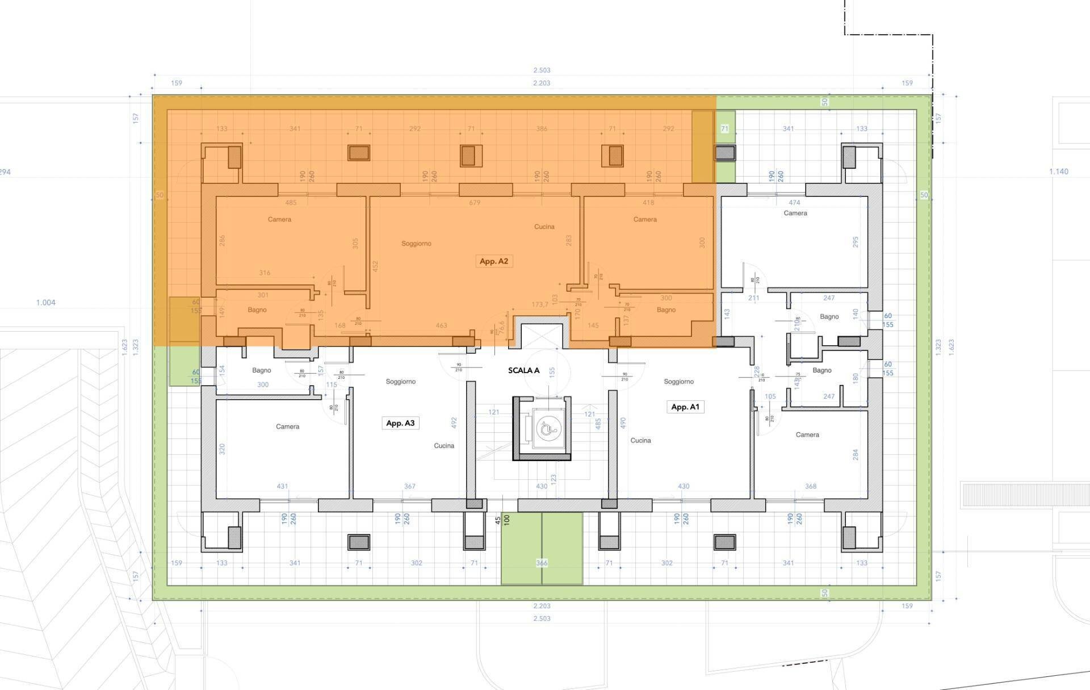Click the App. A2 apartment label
point(493,261)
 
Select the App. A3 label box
point(400,423)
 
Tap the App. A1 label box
point(685,407)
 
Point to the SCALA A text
point(523,370)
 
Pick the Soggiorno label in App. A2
point(416,244)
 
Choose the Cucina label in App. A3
point(444,446)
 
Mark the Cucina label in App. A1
point(640,441)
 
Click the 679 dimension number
point(475,203)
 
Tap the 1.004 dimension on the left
point(46,303)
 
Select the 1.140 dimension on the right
point(1058,172)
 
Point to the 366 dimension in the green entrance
point(542,563)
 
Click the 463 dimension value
point(441,326)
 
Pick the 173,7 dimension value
point(540,305)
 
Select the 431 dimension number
point(282,487)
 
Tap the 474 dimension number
point(794,203)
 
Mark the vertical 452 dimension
point(375,265)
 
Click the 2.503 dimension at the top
point(542,70)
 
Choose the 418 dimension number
point(648,203)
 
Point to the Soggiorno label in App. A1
point(678,382)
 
